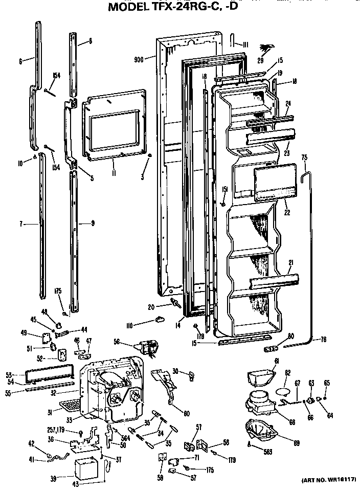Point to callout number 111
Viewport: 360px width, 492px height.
(x=245, y=44)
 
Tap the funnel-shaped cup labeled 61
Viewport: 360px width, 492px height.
(x=259, y=377)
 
